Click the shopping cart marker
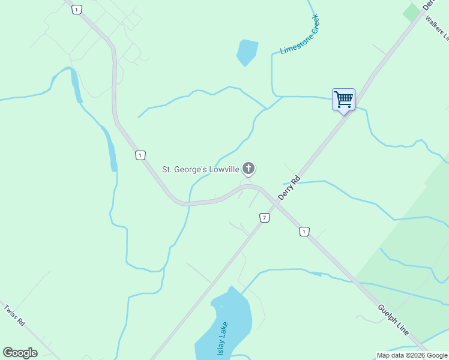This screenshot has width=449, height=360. tap(343, 100)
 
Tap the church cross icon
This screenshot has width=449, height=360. tap(249, 169)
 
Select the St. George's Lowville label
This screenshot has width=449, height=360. tap(200, 169)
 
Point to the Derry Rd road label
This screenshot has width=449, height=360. tap(289, 188)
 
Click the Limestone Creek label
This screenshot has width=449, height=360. tap(300, 34)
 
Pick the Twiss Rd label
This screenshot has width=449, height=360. tap(14, 316)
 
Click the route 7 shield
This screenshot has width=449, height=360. tap(264, 217)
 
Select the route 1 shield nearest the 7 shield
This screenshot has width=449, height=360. tap(304, 232)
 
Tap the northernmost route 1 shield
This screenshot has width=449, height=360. tap(76, 9)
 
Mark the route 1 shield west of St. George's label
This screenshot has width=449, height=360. tap(140, 155)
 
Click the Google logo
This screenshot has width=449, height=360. tap(20, 353)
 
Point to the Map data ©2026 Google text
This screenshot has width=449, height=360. tap(411, 355)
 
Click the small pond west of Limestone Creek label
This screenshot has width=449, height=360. tap(246, 52)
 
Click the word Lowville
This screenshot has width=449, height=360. tap(224, 169)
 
